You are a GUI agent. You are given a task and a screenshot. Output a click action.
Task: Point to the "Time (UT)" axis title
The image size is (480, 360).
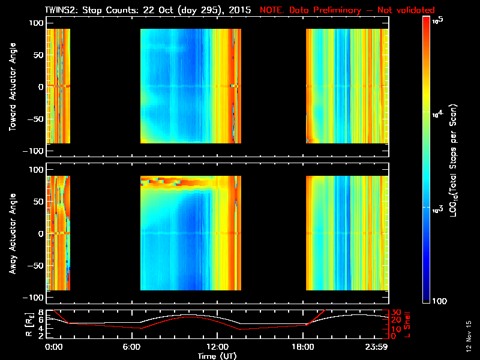click(217, 355)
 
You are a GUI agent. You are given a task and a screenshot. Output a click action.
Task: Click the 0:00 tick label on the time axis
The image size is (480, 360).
click(54, 346)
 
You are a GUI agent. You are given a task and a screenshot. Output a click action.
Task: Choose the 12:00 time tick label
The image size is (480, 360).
click(217, 346)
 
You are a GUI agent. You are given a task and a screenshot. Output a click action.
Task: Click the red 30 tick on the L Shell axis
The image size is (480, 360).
click(395, 313)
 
